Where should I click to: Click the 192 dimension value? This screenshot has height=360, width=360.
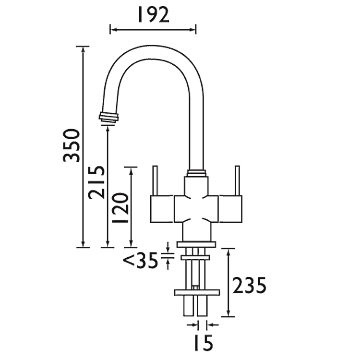tap(154, 15)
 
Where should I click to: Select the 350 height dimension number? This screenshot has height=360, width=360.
tap(72, 145)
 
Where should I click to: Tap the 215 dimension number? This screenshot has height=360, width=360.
tap(96, 181)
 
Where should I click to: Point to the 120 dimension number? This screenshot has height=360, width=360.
tap(120, 208)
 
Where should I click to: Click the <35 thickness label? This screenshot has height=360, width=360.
tap(141, 260)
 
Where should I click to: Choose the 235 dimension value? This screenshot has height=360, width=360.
tap(249, 285)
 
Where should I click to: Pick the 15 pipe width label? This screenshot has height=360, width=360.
tap(204, 343)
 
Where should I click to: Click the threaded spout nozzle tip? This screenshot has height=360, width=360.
tap(109, 118)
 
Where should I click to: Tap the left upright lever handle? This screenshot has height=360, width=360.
tap(155, 180)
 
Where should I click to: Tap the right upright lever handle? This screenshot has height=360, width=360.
tap(237, 180)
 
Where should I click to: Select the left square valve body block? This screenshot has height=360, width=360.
tap(162, 209)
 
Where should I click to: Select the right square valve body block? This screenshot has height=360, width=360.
tap(230, 209)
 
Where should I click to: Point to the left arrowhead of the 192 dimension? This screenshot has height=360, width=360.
tap(113, 30)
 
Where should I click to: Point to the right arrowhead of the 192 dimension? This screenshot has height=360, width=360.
tap(193, 30)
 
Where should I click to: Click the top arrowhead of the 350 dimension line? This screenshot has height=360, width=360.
tap(83, 49)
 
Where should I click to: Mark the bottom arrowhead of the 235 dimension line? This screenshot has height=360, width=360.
tap(228, 313)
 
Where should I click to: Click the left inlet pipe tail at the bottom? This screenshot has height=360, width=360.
tap(189, 306)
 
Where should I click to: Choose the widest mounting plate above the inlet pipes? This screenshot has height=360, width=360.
tap(197, 292)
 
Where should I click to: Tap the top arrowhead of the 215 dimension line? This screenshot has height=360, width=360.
tap(108, 129)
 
